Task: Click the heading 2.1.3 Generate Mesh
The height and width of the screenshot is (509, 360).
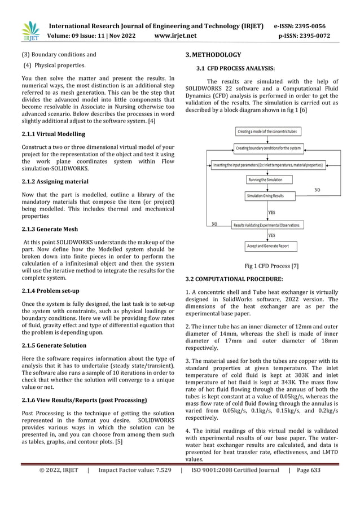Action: [50, 229]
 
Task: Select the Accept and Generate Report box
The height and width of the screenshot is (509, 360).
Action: [267, 247]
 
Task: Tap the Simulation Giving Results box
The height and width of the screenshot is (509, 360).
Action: [265, 196]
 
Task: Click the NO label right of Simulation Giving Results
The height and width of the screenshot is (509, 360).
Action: [317, 190]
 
